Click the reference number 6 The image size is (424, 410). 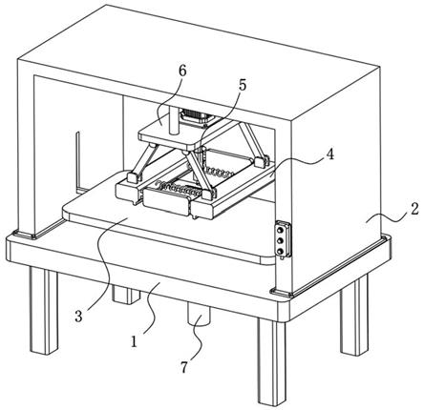tap(182, 72)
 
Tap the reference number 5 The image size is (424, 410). tap(243, 85)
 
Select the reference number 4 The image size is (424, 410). tap(330, 154)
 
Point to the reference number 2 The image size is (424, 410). tap(413, 210)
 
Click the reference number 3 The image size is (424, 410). tap(78, 317)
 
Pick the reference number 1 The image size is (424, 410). tap(134, 341)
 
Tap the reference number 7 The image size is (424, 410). tap(184, 367)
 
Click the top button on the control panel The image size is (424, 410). tap(281, 230)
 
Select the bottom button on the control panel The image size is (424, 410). tap(281, 252)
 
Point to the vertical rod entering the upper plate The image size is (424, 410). tap(174, 120)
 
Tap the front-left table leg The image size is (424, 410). tap(44, 311)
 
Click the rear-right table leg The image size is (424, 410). tap(354, 315)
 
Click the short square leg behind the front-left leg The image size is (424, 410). tap(126, 294)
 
